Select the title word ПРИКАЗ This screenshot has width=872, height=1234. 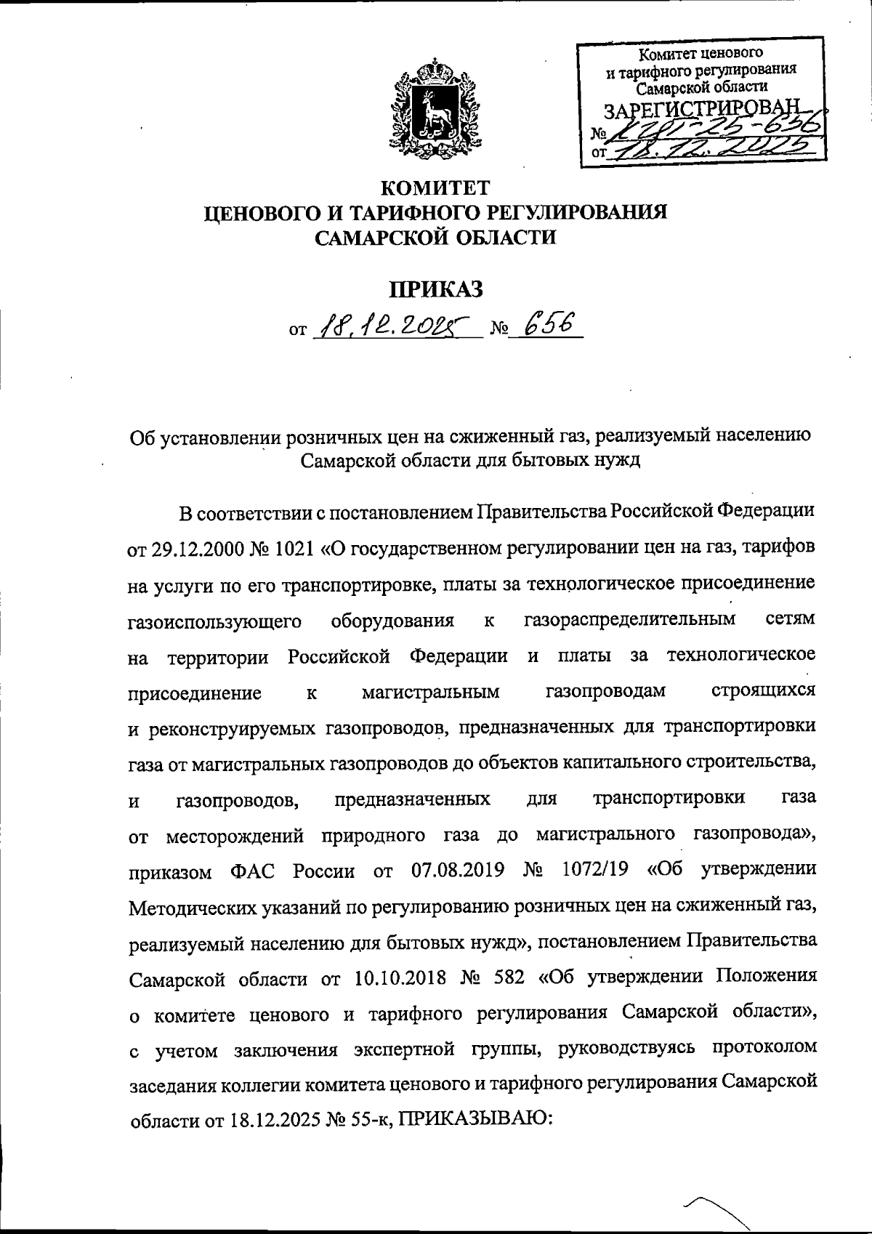pyautogui.click(x=437, y=289)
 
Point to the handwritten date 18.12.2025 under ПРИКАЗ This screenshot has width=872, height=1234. pyautogui.click(x=396, y=331)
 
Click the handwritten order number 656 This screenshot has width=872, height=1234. pyautogui.click(x=551, y=328)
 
